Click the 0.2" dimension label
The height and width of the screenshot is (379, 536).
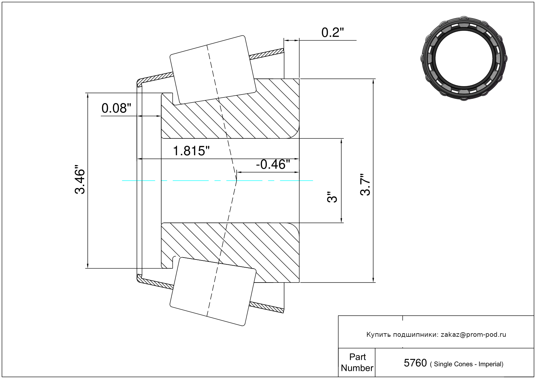tap(333, 32)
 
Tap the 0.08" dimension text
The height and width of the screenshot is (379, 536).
tap(116, 108)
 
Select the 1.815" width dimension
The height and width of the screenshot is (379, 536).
tap(191, 151)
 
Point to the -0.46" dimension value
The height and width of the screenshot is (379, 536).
tap(273, 164)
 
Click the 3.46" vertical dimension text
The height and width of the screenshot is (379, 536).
tap(80, 179)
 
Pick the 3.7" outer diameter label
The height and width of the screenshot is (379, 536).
tap(365, 185)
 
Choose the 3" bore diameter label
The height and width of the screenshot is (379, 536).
tap(332, 197)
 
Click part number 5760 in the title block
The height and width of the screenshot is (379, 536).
tap(415, 363)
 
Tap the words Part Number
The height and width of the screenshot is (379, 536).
tap(357, 362)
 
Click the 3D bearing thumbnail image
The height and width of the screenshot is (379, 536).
tap(464, 58)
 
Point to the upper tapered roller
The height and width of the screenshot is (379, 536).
tap(213, 70)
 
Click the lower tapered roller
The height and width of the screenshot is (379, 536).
tap(213, 292)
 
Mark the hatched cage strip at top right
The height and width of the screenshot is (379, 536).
tap(267, 54)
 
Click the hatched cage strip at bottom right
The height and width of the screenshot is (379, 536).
tap(267, 308)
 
